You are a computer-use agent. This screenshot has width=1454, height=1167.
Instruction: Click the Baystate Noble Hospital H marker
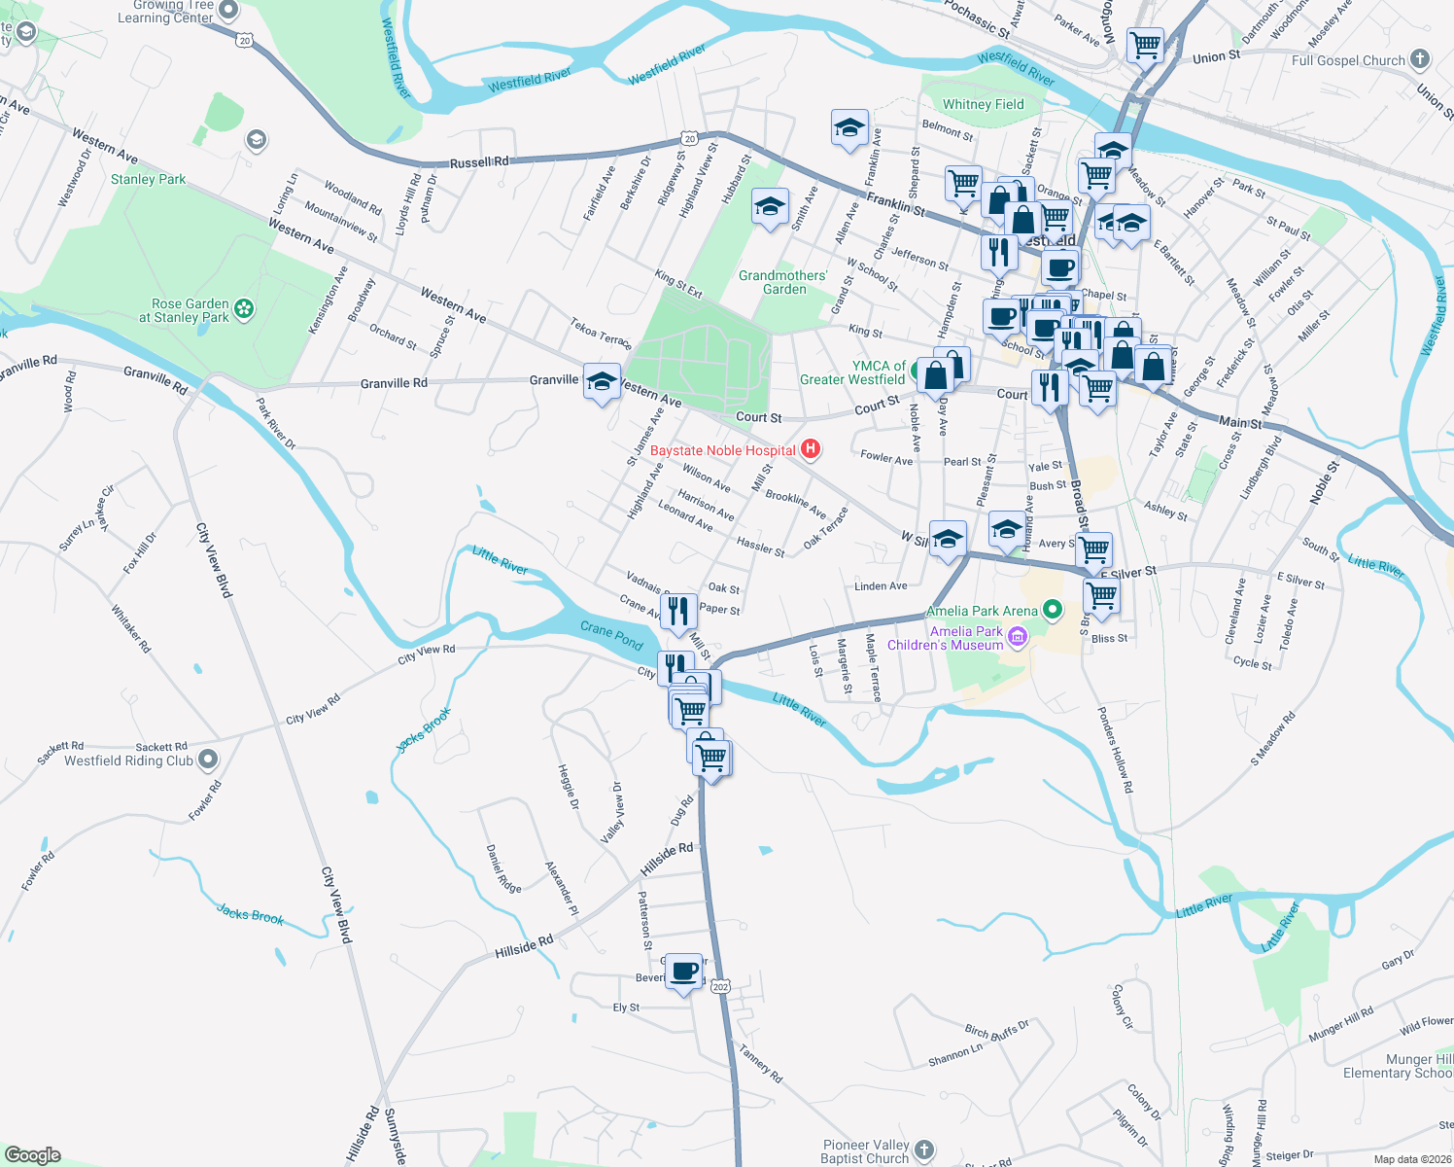(x=810, y=449)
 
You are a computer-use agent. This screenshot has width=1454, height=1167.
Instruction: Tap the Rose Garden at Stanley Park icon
(x=244, y=310)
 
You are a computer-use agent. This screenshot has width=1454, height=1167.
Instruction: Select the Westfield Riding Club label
(x=128, y=760)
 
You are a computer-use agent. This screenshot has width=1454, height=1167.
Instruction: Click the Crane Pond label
(x=611, y=635)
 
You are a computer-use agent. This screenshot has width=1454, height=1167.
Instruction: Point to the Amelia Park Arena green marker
(x=1052, y=611)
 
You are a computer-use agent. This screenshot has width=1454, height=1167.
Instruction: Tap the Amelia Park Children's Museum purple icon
(x=1018, y=638)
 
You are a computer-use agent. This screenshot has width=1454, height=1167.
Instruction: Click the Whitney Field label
(x=983, y=104)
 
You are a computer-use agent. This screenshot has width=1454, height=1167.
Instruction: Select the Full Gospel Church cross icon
(x=1420, y=59)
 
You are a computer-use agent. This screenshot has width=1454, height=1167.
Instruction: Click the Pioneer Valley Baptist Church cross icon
(x=923, y=1150)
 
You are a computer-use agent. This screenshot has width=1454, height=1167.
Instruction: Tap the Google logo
(x=33, y=1155)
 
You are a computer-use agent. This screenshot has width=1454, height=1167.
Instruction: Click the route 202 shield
(x=719, y=986)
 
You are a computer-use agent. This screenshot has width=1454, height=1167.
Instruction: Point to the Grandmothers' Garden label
(x=782, y=282)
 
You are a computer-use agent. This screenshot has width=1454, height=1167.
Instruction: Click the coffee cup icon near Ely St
(x=684, y=971)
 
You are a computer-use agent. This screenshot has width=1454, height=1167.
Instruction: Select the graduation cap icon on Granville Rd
(x=602, y=382)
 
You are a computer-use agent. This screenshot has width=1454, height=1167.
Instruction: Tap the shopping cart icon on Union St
(x=1146, y=44)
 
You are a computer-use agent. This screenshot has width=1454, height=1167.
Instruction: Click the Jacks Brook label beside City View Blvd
(x=250, y=914)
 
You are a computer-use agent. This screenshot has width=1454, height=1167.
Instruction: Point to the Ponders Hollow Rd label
(x=1115, y=750)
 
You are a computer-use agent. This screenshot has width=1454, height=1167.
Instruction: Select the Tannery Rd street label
(x=760, y=1063)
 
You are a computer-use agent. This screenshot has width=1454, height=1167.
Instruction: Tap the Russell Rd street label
(x=478, y=162)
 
